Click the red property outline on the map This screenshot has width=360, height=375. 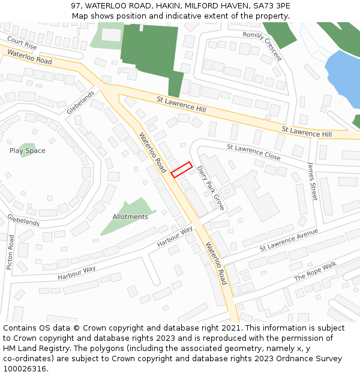pos(182,170)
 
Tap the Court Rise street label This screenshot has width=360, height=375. pos(22,43)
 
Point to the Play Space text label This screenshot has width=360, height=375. pos(27,151)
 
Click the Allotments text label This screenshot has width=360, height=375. pos(130,217)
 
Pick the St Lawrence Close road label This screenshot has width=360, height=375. pos(253,151)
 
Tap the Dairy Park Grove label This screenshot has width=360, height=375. pos(211,188)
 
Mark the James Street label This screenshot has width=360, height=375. pos(312,181)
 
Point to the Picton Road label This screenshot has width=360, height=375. pos(10,251)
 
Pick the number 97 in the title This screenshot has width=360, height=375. pos(75,6)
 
